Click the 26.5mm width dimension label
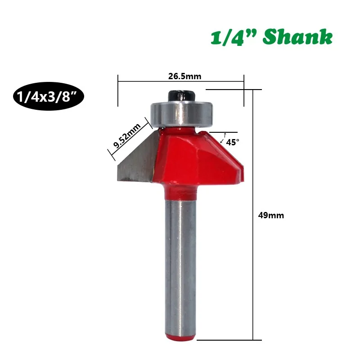[x=184, y=76]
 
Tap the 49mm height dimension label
[x=271, y=216]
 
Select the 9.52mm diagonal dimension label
[x=127, y=136]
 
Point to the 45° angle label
[x=233, y=142]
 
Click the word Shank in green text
[x=297, y=37]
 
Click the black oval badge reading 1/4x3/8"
[x=49, y=96]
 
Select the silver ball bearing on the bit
[x=181, y=114]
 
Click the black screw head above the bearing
[x=181, y=96]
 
